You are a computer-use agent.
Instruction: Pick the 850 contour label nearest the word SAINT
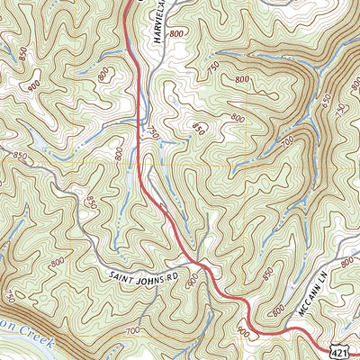(91, 203)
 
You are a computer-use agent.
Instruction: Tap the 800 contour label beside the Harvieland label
(175, 33)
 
